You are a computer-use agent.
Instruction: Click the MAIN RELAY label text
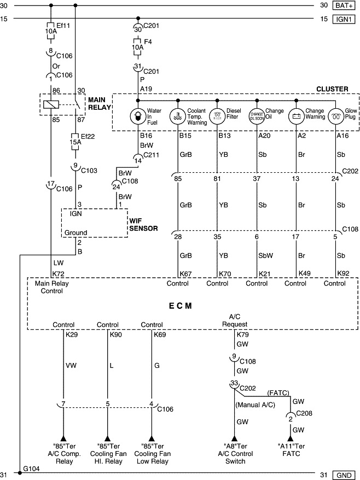[x=99, y=103]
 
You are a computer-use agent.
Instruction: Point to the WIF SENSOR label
[x=143, y=224]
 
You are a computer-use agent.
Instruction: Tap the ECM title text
[x=180, y=306]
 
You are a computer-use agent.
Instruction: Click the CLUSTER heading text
[x=332, y=89]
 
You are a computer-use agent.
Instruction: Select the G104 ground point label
[x=31, y=469]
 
